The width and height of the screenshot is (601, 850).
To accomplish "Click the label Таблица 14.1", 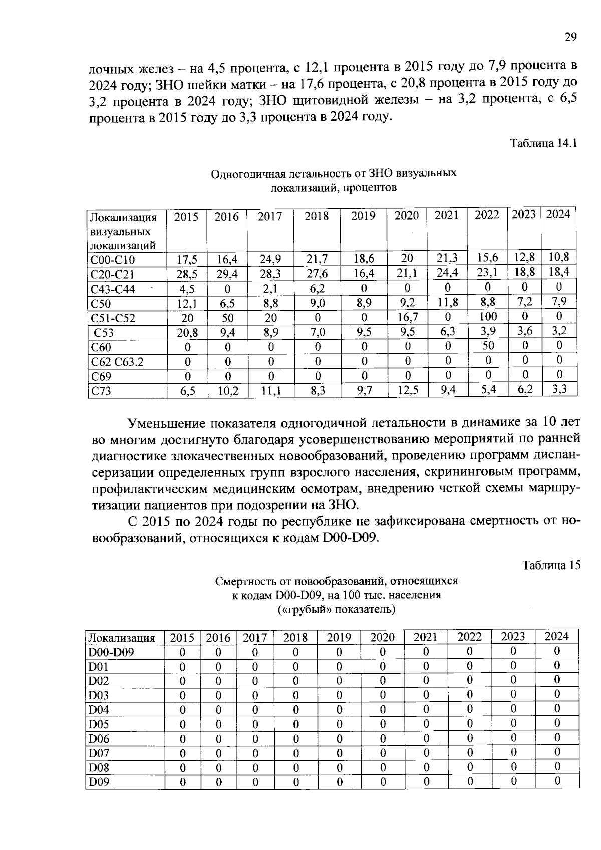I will [543, 143].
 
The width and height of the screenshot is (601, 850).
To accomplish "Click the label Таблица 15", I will [551, 565].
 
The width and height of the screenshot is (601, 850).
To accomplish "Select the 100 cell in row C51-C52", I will [487, 316].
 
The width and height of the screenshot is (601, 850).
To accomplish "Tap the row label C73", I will [101, 391].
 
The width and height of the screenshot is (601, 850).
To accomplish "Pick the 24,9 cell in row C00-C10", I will [270, 259].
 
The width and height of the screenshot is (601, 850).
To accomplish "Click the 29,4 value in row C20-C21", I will [227, 274].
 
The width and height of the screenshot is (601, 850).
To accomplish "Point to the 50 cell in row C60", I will [487, 345].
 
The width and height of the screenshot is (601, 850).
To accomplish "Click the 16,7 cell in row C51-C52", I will [407, 317].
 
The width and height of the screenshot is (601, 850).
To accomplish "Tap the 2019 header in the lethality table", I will [363, 216].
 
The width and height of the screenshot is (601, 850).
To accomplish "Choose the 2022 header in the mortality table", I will [469, 637].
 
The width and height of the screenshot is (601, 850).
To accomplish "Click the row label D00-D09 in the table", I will [111, 652].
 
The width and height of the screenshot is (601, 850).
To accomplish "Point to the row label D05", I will [99, 724].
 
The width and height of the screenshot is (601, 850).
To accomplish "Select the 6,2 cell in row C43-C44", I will [317, 288].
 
